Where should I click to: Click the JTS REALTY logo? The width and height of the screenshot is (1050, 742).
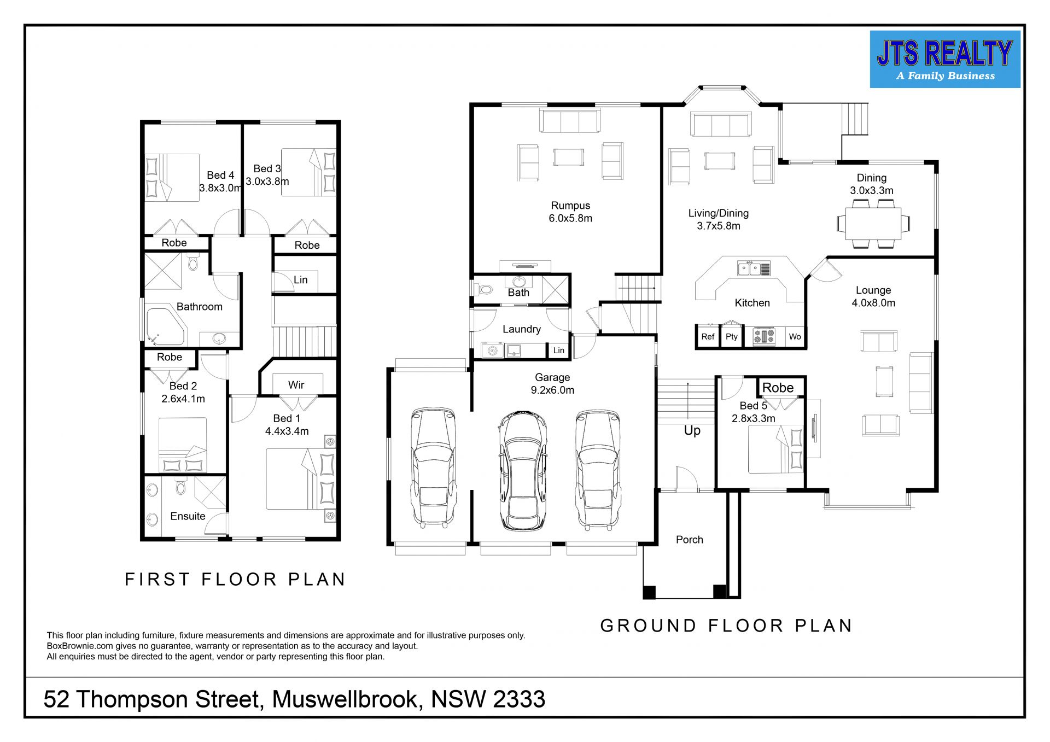[x=945, y=59]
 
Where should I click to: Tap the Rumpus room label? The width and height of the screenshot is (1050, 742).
[x=570, y=206]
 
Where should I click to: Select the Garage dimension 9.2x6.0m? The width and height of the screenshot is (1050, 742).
[x=552, y=390]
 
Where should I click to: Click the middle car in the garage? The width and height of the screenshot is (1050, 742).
[x=522, y=471]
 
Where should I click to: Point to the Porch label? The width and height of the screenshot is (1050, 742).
[x=690, y=540]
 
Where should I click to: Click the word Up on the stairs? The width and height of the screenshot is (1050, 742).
[x=692, y=431]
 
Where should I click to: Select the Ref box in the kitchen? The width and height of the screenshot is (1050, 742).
[x=708, y=337]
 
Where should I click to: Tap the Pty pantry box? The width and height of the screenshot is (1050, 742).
[x=732, y=336]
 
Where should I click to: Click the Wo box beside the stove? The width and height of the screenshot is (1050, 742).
[x=795, y=337]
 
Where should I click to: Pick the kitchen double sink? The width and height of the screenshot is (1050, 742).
[x=754, y=268]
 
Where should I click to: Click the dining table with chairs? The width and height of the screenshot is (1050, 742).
[x=873, y=224]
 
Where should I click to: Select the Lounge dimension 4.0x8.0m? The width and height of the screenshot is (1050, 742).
[x=873, y=303]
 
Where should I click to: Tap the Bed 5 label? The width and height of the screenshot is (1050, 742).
[x=753, y=406]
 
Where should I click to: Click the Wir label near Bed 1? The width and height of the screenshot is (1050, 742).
[x=296, y=385]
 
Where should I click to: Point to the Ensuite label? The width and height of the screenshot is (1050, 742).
[x=188, y=516]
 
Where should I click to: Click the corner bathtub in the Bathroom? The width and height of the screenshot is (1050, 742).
[x=166, y=327]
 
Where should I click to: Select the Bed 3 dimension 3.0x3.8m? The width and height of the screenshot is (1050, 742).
[x=267, y=182]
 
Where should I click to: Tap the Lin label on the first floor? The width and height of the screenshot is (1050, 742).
[x=301, y=280]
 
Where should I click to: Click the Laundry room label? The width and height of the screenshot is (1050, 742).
[x=522, y=329]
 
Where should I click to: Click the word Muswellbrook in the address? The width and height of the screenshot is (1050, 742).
[x=347, y=699]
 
